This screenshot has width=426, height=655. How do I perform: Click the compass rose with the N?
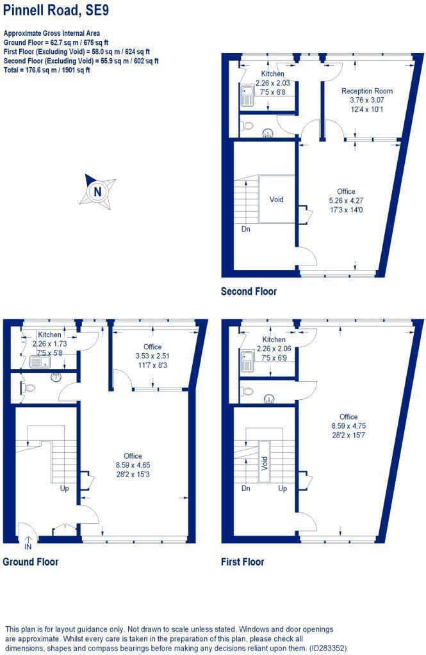pyautogui.click(x=97, y=190)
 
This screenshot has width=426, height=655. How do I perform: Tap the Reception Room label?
pyautogui.click(x=366, y=91)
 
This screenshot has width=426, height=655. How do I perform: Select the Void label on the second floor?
pyautogui.click(x=276, y=200)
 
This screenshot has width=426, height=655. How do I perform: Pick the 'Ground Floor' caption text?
pyautogui.click(x=30, y=562)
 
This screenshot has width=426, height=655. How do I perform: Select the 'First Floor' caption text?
pyautogui.click(x=242, y=562)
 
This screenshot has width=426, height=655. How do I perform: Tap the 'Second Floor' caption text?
pyautogui.click(x=249, y=291)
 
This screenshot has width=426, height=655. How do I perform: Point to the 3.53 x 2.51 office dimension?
pyautogui.click(x=152, y=356)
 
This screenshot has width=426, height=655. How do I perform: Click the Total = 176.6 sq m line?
pyautogui.click(x=47, y=70)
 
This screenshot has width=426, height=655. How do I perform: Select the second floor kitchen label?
pyautogui.click(x=272, y=74)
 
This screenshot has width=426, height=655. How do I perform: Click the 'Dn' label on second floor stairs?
pyautogui.click(x=245, y=228)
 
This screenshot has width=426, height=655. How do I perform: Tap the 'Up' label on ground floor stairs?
pyautogui.click(x=64, y=489)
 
